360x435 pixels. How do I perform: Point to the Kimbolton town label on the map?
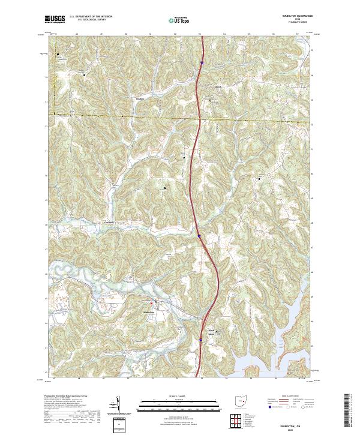[149, 313]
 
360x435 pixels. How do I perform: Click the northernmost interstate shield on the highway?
[202, 61]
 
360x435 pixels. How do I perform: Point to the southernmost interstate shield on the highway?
[200, 340]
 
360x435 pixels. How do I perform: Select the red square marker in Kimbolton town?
[151, 302]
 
